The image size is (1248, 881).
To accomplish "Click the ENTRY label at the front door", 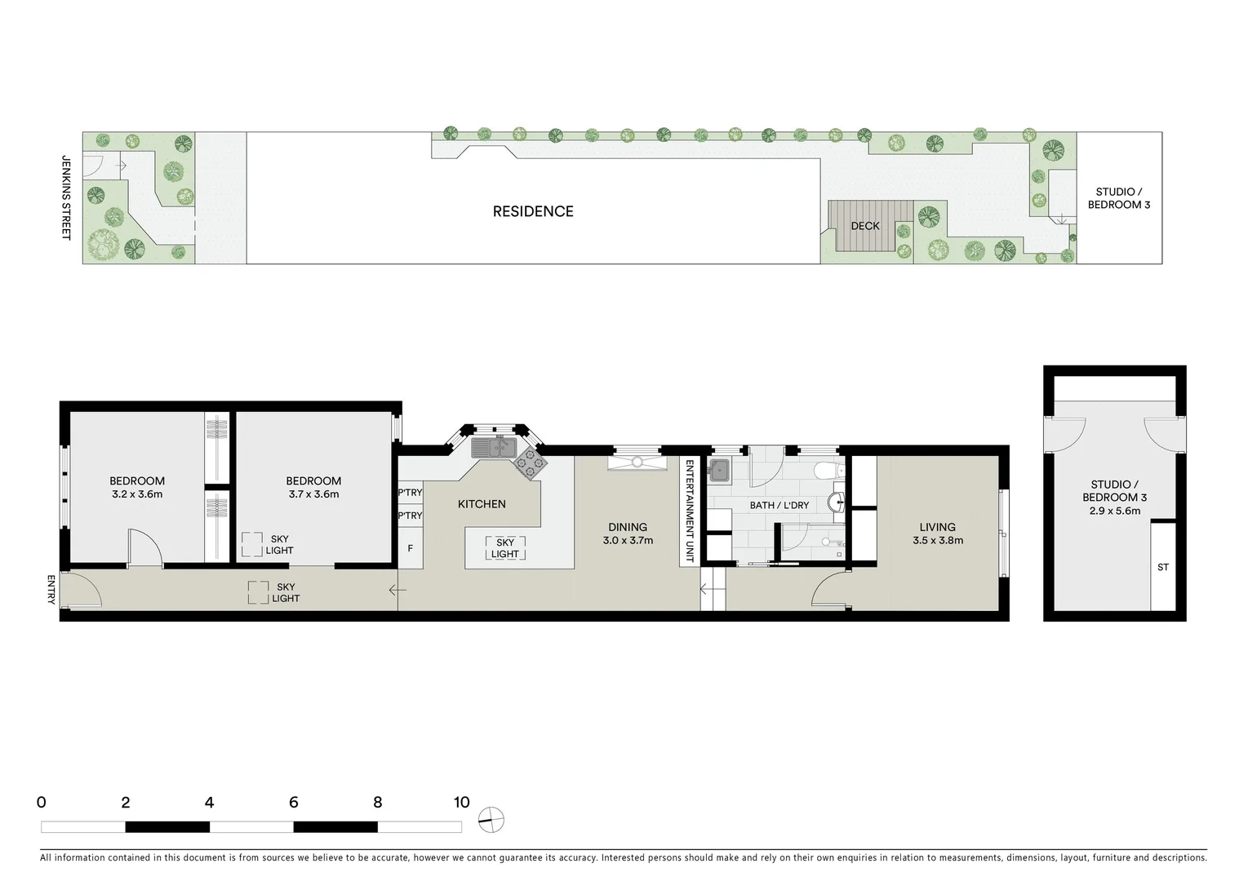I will click(x=51, y=590).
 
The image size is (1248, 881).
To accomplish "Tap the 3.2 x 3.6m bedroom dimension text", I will click(x=137, y=494).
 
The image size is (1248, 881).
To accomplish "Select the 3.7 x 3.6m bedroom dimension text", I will click(x=313, y=494).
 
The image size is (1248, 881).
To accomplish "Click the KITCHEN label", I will click(x=482, y=504).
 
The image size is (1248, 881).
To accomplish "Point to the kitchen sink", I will click(x=491, y=447).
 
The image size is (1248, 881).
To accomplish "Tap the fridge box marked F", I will click(x=411, y=549).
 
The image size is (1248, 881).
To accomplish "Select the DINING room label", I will click(x=627, y=527).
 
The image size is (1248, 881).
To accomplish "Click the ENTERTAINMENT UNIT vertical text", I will click(x=689, y=511).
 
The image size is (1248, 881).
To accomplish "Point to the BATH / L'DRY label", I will click(x=779, y=505).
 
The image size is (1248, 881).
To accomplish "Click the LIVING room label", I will click(x=937, y=527).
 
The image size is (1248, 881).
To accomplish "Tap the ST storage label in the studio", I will click(x=1163, y=568).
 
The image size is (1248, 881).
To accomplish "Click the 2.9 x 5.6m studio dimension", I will click(x=1115, y=511).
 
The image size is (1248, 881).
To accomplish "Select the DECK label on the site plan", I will click(x=865, y=226).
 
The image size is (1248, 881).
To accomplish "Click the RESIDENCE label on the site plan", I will click(x=533, y=211).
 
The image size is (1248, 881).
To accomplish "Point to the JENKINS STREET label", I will click(x=67, y=197).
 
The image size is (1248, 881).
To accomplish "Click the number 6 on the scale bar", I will click(x=293, y=803).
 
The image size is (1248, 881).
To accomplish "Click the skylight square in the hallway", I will click(x=259, y=592).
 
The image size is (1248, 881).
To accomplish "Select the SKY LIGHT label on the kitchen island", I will click(x=504, y=548).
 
